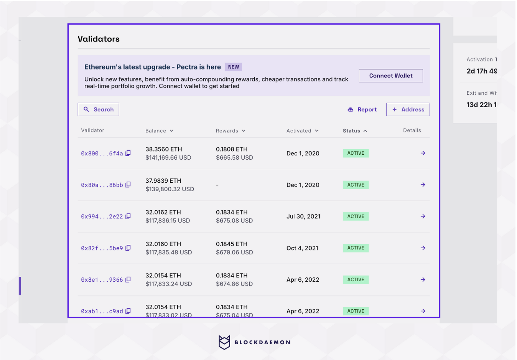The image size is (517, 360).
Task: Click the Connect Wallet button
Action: point(391,76)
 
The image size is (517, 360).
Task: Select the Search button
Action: point(98,109)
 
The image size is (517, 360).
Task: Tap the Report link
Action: point(362,109)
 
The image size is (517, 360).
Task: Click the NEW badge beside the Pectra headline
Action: point(233,67)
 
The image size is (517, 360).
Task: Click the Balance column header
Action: point(159,131)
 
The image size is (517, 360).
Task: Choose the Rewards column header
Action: point(230,131)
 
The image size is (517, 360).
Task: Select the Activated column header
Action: point(302,131)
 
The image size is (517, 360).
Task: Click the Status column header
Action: point(355,131)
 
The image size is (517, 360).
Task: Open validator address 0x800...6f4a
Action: point(102,154)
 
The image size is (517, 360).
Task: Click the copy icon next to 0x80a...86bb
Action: point(128,185)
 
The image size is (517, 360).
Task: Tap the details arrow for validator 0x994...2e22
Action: point(423,216)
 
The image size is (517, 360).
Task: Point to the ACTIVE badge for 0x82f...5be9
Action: point(356,248)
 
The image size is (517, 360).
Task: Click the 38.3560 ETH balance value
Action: point(164,149)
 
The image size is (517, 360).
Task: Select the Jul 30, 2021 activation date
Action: point(303,216)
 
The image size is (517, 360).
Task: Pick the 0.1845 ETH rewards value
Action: point(232,244)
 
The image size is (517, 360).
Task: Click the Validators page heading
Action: point(99,39)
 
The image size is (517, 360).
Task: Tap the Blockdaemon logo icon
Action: point(224,342)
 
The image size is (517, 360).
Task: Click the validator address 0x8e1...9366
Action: point(102,280)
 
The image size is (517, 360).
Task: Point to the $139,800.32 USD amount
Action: point(170,189)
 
